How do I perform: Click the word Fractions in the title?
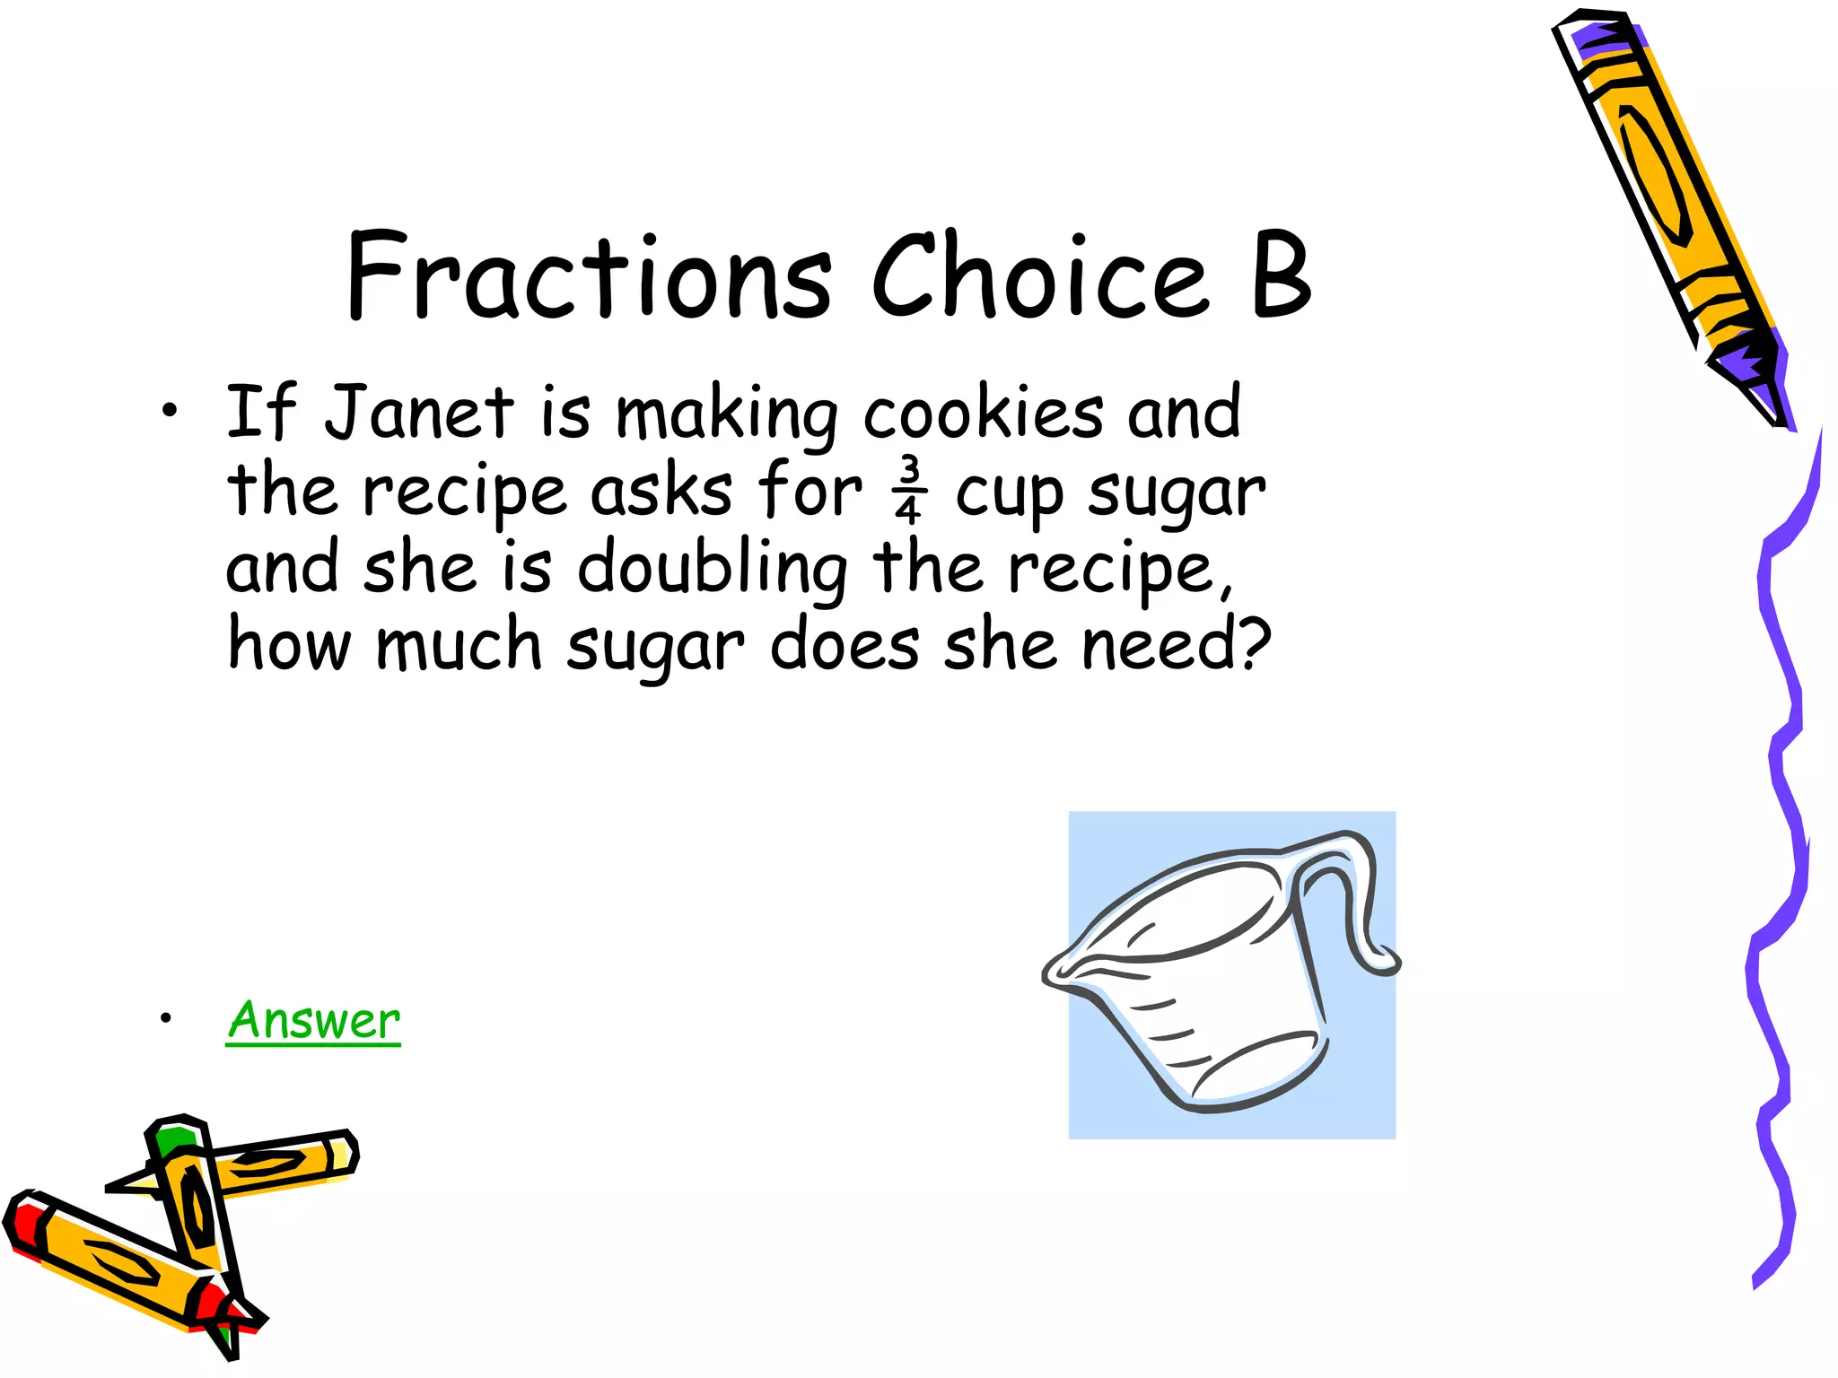(589, 276)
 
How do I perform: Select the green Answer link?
(313, 1021)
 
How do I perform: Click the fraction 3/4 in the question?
(908, 490)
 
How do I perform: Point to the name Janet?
(419, 413)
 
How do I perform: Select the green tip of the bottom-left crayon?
(173, 1141)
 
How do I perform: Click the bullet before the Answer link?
(165, 1018)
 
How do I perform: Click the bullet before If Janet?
(170, 412)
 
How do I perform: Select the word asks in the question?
(661, 492)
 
